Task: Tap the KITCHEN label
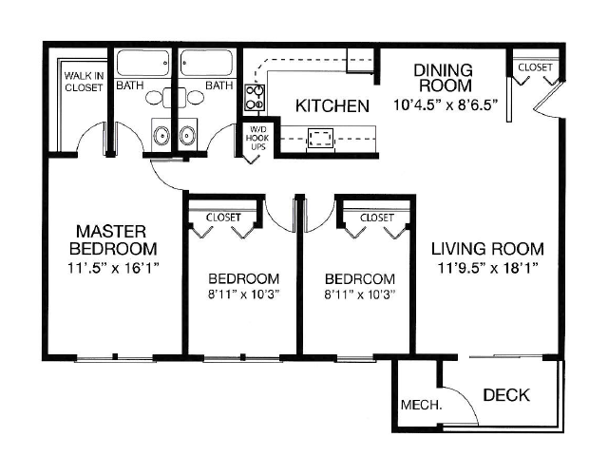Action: [x=331, y=105]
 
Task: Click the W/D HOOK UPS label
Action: [x=257, y=138]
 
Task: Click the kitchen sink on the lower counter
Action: [x=319, y=139]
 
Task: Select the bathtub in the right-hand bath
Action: [x=206, y=63]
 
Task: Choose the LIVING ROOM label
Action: [x=487, y=249]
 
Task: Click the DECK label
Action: [x=505, y=395]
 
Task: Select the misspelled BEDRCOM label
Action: [x=360, y=278]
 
